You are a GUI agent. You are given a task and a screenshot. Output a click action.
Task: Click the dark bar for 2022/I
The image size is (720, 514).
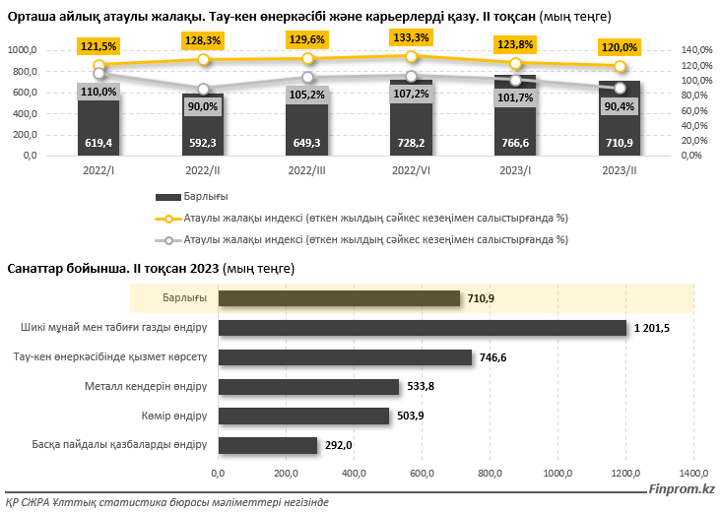tap(98, 123)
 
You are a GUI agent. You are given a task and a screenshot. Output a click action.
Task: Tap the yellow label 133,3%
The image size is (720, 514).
tap(411, 37)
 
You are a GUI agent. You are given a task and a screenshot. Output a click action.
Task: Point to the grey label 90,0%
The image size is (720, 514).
tap(203, 106)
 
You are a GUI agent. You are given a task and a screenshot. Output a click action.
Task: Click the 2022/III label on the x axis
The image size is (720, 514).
tap(307, 170)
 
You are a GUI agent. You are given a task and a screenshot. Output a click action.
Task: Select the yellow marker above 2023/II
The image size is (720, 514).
tap(620, 66)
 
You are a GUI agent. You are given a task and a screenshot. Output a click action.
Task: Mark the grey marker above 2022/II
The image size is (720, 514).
tap(203, 90)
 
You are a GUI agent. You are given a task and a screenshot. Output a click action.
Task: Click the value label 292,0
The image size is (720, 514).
tap(339, 445)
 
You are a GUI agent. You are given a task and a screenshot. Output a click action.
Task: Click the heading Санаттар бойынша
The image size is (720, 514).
tap(63, 269)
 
